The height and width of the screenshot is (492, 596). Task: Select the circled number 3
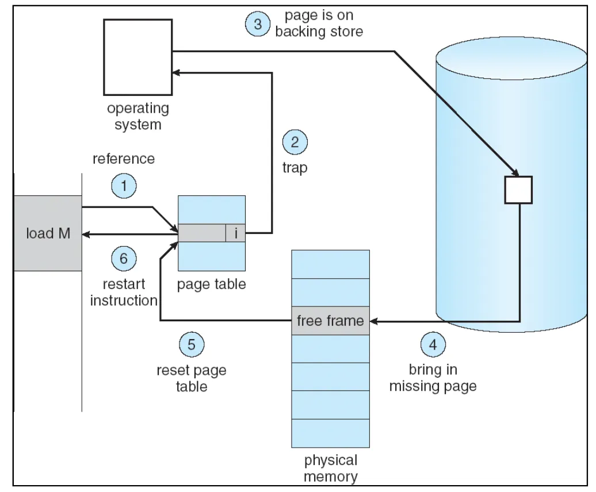257,24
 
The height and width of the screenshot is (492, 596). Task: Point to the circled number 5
192,345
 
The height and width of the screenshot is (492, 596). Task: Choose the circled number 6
124,259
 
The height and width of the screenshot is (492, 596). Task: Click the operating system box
138,56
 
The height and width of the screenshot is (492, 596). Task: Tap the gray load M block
48,233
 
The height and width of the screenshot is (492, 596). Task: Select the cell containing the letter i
235,233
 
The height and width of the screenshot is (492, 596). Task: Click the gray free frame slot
330,320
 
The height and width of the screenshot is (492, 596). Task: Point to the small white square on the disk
518,190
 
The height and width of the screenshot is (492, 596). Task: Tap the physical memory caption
330,468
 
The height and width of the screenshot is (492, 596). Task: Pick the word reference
123,159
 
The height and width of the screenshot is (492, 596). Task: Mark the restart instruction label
124,292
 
